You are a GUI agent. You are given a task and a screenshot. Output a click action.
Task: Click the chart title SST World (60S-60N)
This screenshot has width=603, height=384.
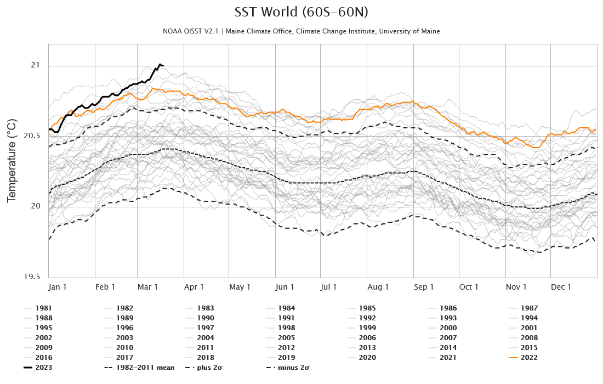click(x=301, y=13)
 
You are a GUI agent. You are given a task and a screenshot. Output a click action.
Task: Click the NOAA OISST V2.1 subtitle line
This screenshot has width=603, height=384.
click(x=301, y=31)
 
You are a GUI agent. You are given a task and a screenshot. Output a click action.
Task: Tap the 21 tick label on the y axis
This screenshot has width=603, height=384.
click(x=36, y=65)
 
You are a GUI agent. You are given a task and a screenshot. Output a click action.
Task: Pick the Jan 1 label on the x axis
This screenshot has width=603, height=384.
click(x=58, y=287)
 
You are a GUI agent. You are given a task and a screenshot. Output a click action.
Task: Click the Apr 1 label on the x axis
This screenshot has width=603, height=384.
click(x=194, y=287)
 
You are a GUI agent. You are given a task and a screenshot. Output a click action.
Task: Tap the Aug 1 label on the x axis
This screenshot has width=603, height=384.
click(x=378, y=287)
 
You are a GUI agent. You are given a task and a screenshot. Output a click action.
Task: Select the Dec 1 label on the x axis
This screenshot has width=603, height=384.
click(x=561, y=287)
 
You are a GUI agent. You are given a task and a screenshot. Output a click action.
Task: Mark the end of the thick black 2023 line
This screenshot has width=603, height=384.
click(x=163, y=66)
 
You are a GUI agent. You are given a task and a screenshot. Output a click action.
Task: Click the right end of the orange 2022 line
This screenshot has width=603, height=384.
click(x=595, y=129)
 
